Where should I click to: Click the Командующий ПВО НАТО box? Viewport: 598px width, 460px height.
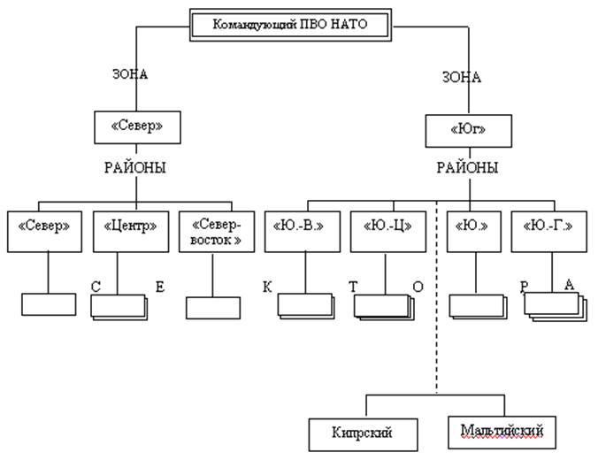[291, 25]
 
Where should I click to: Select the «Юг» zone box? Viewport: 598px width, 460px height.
[468, 131]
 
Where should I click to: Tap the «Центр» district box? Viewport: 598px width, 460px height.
[131, 232]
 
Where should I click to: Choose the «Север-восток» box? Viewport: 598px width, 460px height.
[217, 232]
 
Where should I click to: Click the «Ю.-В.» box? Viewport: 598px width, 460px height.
[303, 232]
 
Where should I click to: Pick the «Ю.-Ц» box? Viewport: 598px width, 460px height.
[388, 232]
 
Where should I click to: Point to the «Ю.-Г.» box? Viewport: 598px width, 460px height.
[548, 232]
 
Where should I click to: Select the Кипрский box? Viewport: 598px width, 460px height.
[363, 434]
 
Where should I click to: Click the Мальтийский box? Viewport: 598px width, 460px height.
[502, 433]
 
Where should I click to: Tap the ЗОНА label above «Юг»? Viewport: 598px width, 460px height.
[462, 78]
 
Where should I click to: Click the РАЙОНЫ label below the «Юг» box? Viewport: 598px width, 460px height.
[467, 168]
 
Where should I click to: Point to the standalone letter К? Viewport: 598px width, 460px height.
[267, 287]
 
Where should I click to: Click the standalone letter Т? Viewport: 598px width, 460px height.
[353, 287]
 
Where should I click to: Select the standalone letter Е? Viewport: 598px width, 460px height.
[160, 287]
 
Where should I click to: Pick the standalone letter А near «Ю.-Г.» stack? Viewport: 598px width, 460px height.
[569, 285]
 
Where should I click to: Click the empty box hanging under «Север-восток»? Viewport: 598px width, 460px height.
[213, 308]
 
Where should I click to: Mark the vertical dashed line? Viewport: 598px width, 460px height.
[437, 297]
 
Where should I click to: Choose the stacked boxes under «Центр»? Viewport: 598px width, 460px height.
[119, 307]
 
